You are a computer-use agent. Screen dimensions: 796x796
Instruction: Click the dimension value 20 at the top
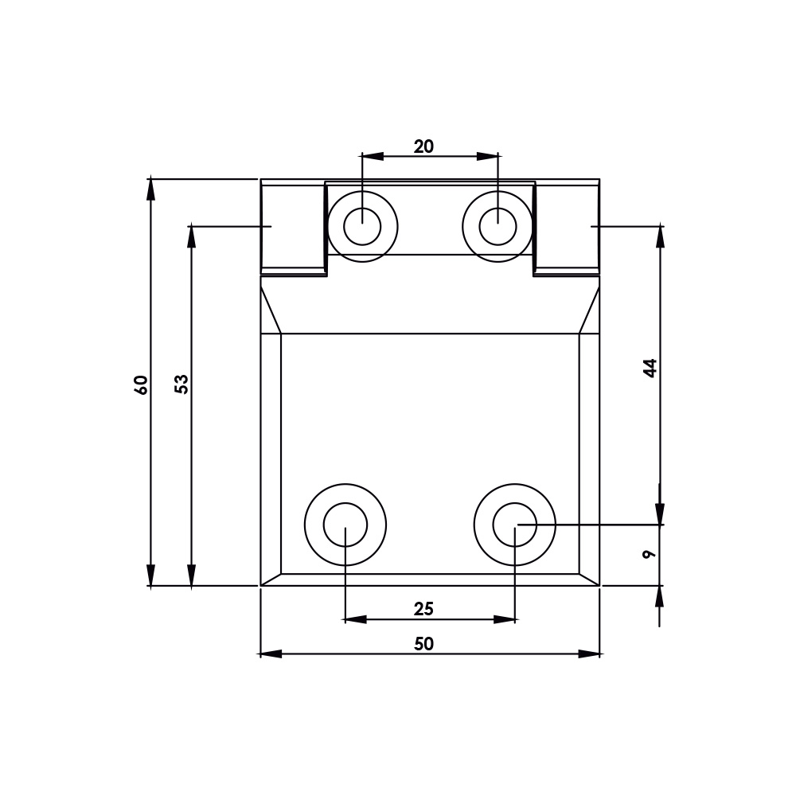423,146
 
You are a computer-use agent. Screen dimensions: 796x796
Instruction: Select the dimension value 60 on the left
141,384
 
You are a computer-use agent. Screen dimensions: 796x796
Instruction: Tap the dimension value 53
181,384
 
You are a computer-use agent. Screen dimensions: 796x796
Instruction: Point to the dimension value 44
650,368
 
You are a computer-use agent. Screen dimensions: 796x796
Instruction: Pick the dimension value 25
423,609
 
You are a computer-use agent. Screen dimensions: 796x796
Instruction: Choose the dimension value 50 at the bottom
423,644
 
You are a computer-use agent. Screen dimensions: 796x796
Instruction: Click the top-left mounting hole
362,227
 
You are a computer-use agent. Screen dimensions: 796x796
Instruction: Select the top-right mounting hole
497,227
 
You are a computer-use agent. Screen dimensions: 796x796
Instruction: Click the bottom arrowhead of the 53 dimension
191,576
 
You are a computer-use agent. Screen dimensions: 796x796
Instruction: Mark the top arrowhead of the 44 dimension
660,236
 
